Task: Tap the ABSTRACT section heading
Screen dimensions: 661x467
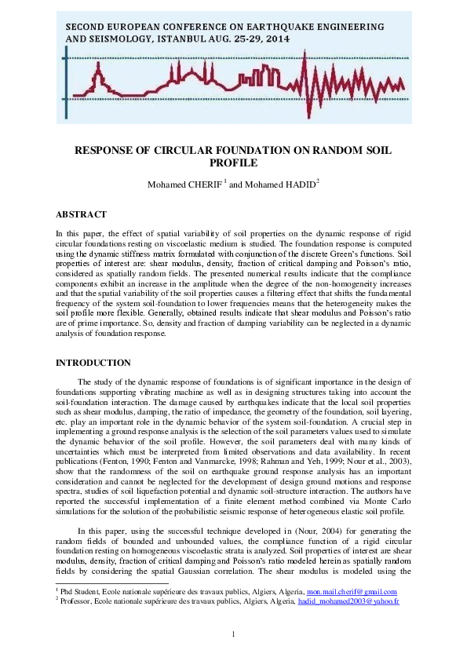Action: (x=81, y=214)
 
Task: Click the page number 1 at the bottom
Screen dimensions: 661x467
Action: (x=233, y=634)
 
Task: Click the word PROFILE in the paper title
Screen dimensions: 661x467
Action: (x=233, y=163)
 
